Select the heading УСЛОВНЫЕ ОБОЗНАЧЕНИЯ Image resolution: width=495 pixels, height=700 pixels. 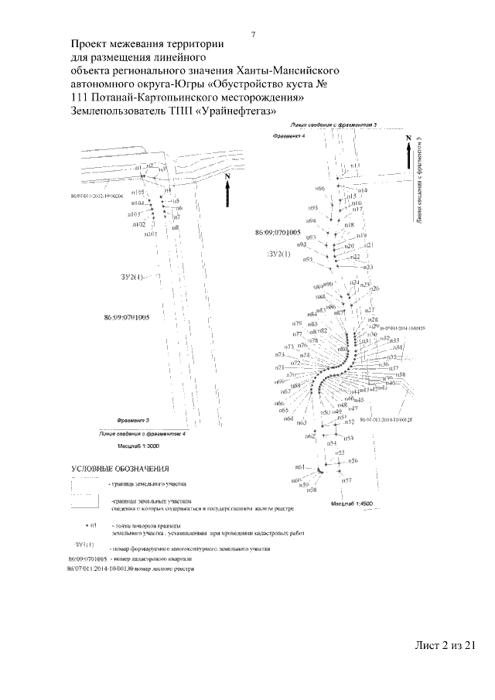coord(121,469)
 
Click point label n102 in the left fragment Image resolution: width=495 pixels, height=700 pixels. coord(140,224)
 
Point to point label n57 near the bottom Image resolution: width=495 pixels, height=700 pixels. coord(347,480)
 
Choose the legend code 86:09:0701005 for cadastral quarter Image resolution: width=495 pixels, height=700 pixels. coord(86,558)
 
